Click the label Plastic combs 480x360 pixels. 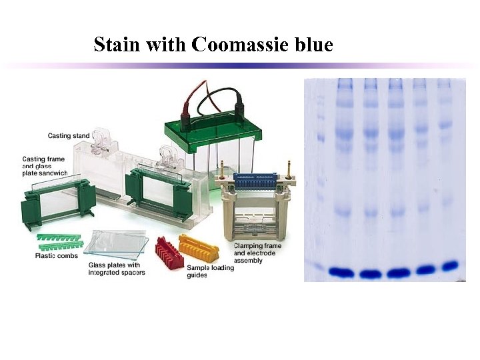57,256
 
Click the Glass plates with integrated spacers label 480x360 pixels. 117,268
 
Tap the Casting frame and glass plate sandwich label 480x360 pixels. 45,166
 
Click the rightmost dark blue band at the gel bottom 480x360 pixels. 451,266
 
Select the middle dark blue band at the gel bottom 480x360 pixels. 397,272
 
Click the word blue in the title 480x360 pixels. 311,45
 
